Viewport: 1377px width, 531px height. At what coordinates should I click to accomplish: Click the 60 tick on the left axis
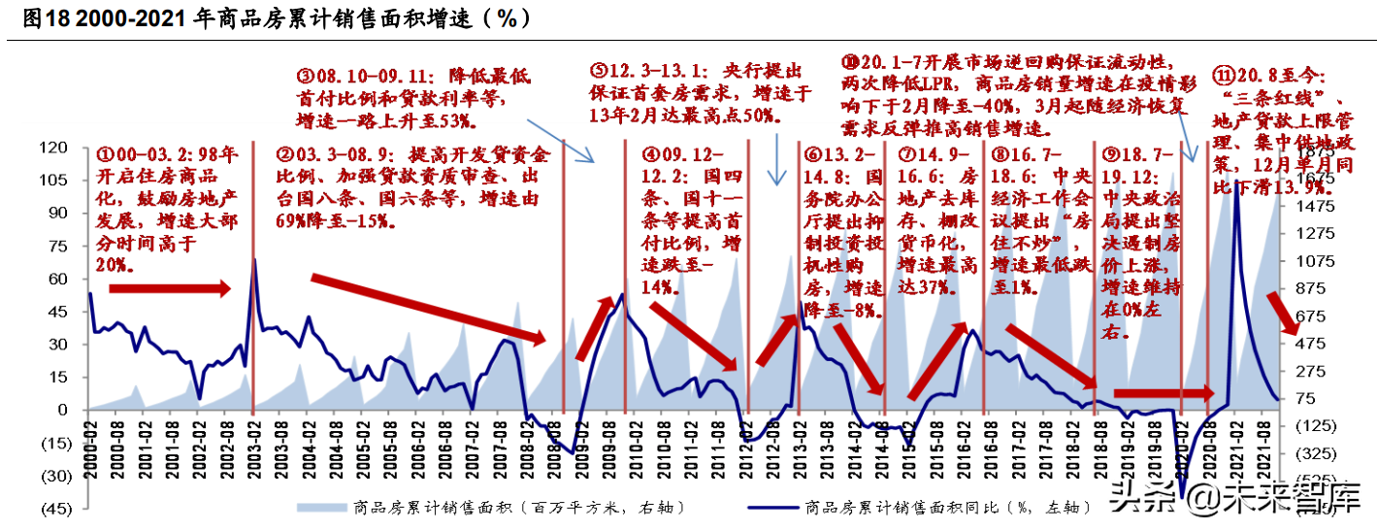(x=58, y=279)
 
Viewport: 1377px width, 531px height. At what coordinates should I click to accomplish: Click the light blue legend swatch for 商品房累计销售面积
(x=321, y=506)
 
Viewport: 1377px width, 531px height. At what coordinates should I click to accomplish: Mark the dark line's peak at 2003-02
(x=254, y=259)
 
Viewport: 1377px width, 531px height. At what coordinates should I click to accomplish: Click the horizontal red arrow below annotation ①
(x=170, y=288)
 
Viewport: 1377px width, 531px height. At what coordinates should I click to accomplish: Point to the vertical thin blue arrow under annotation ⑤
(x=776, y=160)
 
